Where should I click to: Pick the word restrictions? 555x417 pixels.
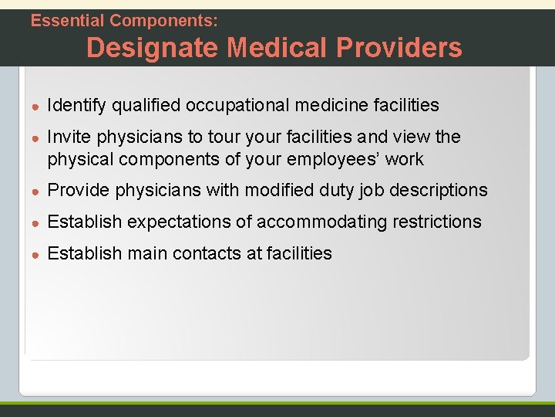click(x=437, y=222)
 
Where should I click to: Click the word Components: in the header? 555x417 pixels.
click(x=163, y=21)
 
